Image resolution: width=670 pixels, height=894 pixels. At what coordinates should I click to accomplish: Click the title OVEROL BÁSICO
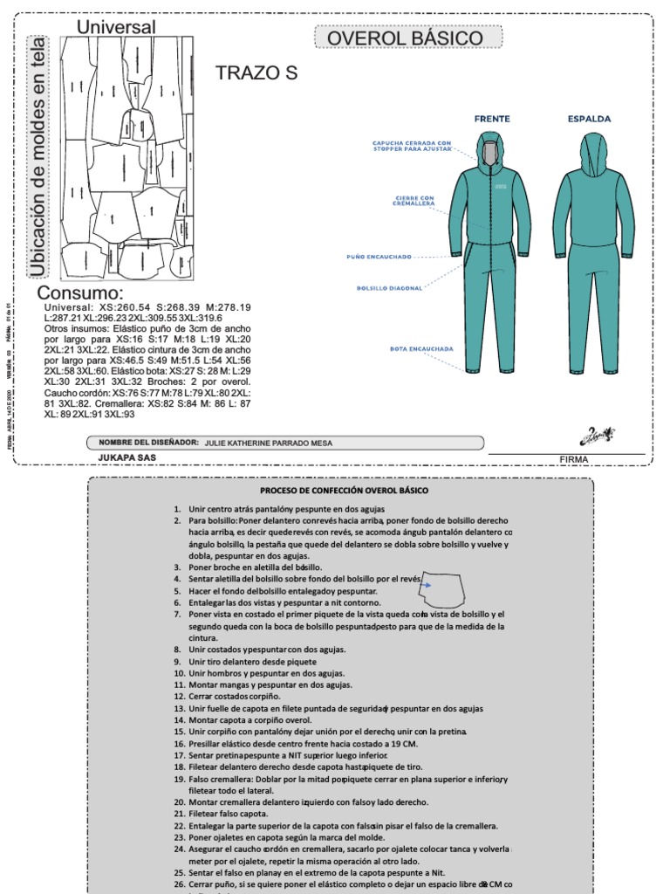pyautogui.click(x=407, y=38)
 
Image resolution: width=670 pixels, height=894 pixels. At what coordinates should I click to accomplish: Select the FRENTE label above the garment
pyautogui.click(x=492, y=118)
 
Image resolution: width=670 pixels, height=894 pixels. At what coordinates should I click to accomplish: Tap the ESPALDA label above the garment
pyautogui.click(x=590, y=118)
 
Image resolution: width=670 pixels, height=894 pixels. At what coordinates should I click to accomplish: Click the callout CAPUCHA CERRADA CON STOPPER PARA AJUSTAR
pyautogui.click(x=412, y=146)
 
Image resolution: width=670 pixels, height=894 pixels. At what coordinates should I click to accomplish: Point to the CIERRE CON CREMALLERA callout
pyautogui.click(x=415, y=202)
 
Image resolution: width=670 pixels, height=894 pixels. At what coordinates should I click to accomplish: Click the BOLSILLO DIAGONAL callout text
pyautogui.click(x=390, y=287)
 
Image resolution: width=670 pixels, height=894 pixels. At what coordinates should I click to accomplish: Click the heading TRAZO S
pyautogui.click(x=256, y=73)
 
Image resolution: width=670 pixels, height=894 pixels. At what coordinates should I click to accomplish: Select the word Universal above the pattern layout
pyautogui.click(x=116, y=27)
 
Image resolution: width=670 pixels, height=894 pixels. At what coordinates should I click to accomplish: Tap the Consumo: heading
pyautogui.click(x=80, y=292)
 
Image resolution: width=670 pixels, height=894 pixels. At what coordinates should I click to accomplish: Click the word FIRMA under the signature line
pyautogui.click(x=573, y=459)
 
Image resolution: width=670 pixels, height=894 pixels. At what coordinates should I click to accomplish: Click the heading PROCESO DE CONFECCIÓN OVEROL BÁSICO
pyautogui.click(x=345, y=491)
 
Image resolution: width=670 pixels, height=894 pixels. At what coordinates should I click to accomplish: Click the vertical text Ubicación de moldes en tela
pyautogui.click(x=38, y=157)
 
